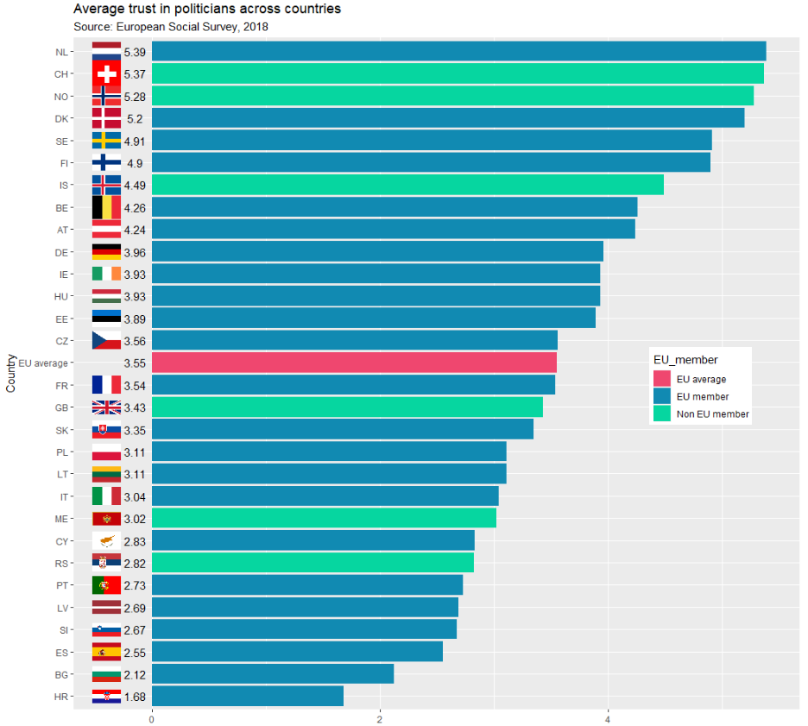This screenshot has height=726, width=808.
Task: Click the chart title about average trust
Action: point(207,9)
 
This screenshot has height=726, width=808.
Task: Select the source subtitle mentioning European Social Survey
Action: point(171,27)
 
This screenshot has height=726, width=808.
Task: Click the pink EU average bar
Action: point(354,363)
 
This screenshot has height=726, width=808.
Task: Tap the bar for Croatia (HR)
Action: point(248,696)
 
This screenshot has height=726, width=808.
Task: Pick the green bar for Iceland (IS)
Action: point(407,185)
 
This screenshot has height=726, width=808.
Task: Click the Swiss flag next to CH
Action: point(106,74)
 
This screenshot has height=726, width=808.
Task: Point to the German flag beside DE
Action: point(106,252)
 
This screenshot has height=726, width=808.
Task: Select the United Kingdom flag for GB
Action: point(106,407)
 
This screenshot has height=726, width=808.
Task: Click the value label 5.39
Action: point(135,52)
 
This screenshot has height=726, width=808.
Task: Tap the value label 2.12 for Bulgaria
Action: point(135,674)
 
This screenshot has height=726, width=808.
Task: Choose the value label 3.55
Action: point(135,363)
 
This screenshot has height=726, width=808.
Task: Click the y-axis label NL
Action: point(61,52)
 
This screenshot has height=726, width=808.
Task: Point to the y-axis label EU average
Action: point(43,363)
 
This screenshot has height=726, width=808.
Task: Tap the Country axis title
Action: point(11,373)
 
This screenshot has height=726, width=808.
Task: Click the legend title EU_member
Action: point(685,359)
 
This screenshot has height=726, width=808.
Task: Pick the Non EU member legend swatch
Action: point(662,414)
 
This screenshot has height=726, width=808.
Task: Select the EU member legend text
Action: point(703,397)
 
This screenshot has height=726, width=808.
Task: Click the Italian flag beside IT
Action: point(106,496)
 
